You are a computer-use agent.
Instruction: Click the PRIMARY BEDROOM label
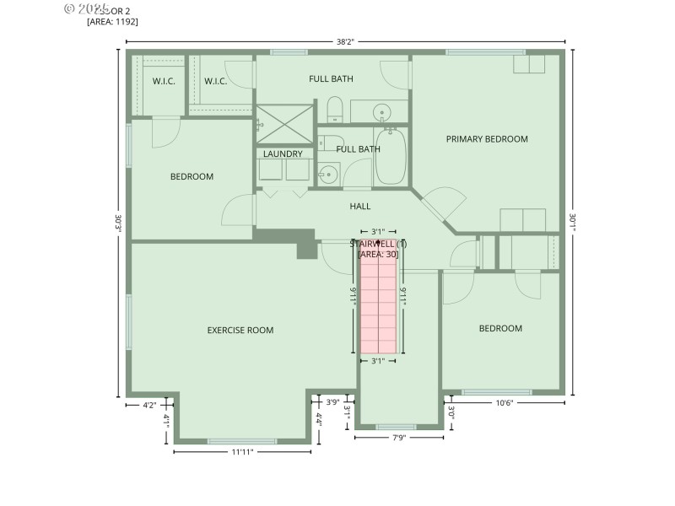click(487, 139)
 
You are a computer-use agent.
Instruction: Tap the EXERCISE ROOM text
click(240, 331)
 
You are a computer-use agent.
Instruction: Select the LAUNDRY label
click(283, 154)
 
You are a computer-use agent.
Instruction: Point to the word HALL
click(360, 206)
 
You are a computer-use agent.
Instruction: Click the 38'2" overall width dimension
click(344, 40)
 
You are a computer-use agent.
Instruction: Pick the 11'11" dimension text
click(242, 452)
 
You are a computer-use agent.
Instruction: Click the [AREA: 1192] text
click(112, 22)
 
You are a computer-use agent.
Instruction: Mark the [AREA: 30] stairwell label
click(378, 254)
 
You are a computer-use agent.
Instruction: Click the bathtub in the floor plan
click(391, 157)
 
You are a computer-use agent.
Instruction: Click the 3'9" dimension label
click(332, 402)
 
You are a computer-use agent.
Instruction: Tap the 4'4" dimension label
click(319, 417)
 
